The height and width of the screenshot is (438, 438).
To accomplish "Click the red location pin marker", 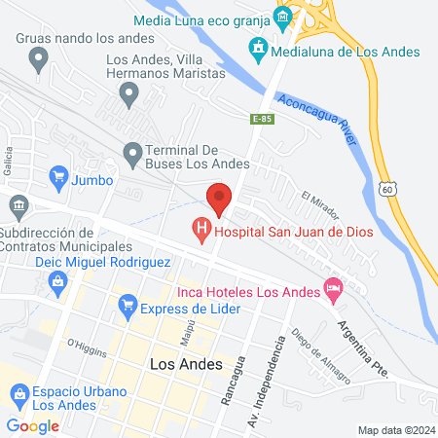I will click(x=220, y=199).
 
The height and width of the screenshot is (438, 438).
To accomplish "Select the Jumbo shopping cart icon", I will click(x=56, y=179).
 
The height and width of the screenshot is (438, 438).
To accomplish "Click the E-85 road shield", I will click(x=261, y=119).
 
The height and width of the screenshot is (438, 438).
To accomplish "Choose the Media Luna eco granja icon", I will click(x=282, y=16).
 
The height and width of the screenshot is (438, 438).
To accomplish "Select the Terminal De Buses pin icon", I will click(x=133, y=152).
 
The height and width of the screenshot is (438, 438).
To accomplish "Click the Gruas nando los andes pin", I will click(x=39, y=60).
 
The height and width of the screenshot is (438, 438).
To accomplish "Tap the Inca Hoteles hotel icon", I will click(x=333, y=289).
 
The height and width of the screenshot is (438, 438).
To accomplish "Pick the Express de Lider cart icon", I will click(x=127, y=308).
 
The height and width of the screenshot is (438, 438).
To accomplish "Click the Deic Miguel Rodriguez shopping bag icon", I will click(x=58, y=281).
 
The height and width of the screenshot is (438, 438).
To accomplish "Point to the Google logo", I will click(x=33, y=425).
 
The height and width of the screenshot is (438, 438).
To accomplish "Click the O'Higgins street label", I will click(x=84, y=346).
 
